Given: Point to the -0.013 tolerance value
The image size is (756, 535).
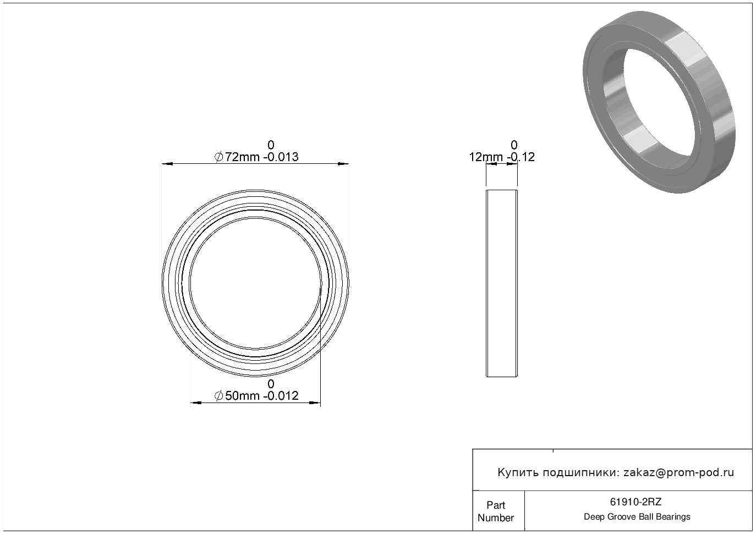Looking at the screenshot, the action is click(x=281, y=157).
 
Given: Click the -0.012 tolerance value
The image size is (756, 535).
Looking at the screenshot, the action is click(x=281, y=396).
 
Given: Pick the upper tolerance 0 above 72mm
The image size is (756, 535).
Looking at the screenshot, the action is click(x=271, y=145).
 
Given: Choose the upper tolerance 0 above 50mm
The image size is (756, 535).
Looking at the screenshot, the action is click(x=271, y=384).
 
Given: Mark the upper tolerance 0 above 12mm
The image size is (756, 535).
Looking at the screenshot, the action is click(x=514, y=145).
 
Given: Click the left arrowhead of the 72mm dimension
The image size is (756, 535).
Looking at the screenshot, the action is click(x=167, y=164).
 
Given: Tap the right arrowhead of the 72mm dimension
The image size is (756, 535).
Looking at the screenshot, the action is click(x=343, y=164).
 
